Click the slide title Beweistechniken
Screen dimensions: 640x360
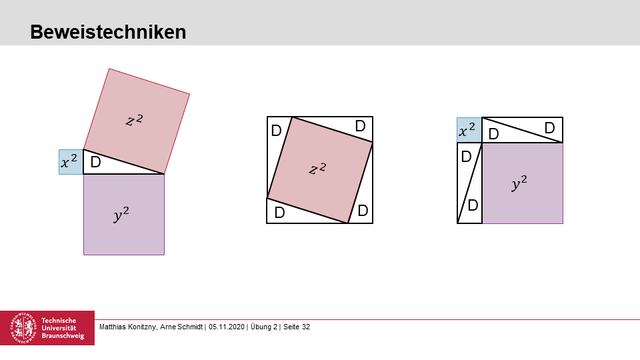[108, 32]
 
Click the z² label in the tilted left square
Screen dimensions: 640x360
[134, 120]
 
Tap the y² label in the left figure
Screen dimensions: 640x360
[121, 214]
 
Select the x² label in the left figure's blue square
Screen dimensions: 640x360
[69, 161]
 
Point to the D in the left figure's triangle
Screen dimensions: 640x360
[95, 163]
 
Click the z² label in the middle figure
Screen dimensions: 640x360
[317, 168]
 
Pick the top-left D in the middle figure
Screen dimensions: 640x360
[276, 131]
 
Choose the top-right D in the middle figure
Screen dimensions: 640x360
[360, 126]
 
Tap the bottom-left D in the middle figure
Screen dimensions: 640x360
[279, 213]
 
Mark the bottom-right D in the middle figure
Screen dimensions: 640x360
[363, 211]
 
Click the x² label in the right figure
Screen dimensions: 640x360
[467, 130]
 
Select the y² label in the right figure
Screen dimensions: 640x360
[519, 183]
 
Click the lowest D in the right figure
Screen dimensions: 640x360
[473, 205]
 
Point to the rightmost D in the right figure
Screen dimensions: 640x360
[549, 128]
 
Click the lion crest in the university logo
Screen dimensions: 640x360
[24, 328]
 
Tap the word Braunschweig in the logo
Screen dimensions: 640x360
[63, 335]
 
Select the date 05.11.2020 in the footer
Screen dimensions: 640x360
[227, 327]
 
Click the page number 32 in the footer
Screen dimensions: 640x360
[306, 327]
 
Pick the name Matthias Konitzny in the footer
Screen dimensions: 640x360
[127, 327]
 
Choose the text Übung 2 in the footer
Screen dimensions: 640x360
[264, 327]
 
